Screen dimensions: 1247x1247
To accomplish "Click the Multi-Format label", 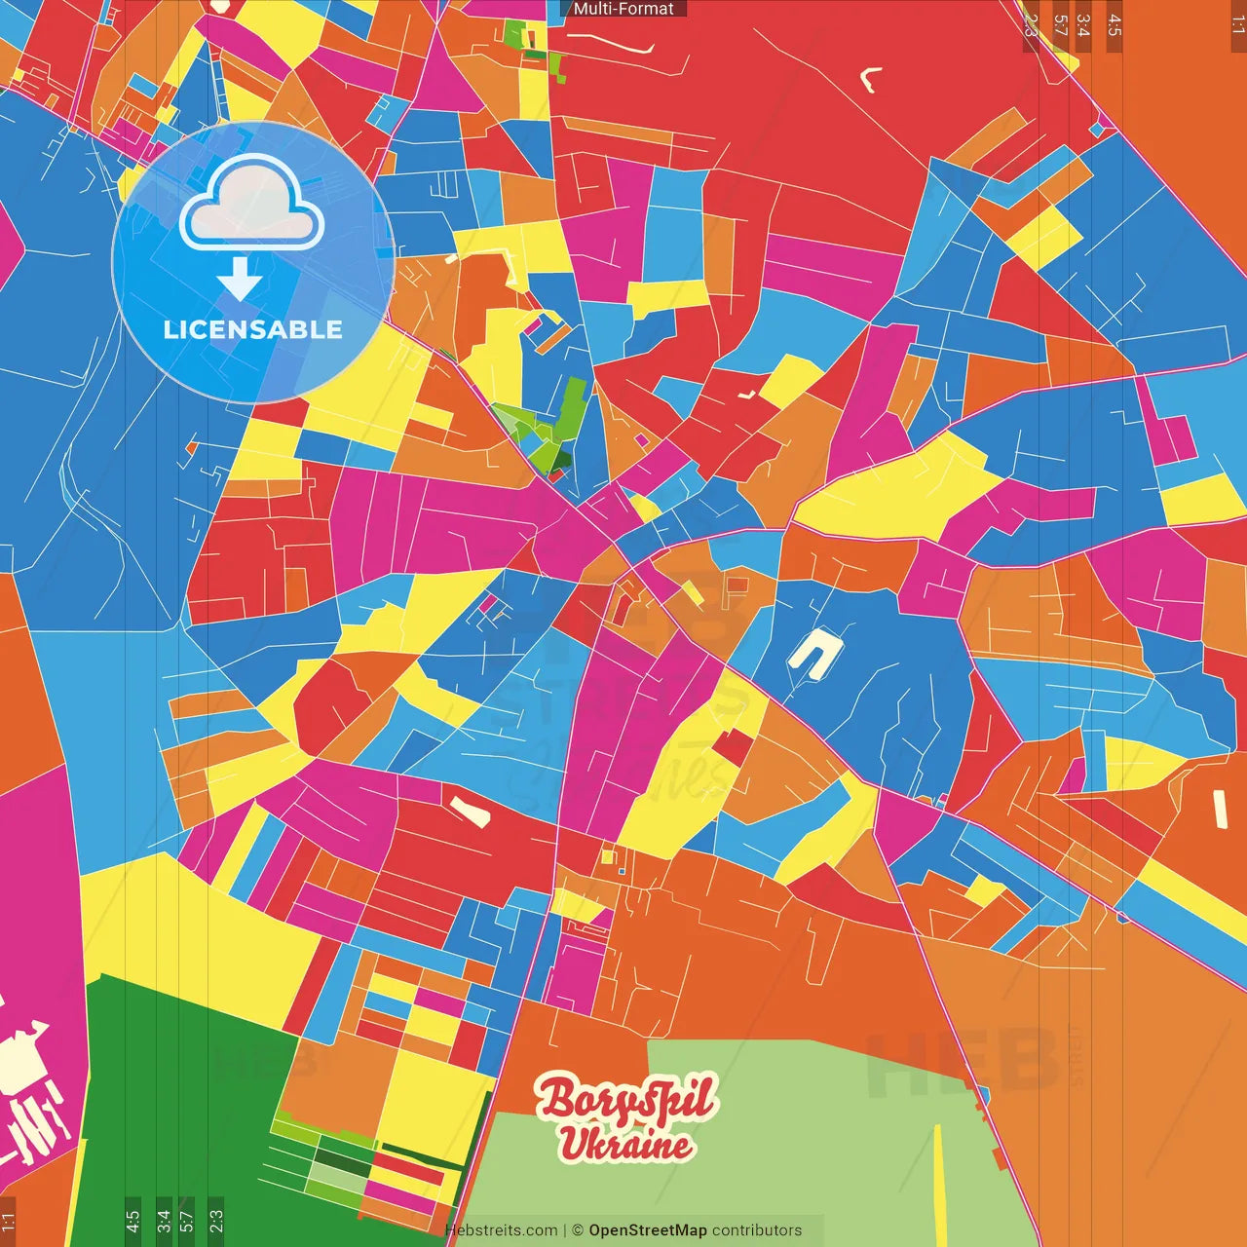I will pyautogui.click(x=623, y=9).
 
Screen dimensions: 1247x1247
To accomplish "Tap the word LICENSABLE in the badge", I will pyautogui.click(x=252, y=329).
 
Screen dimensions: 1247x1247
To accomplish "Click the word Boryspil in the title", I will pyautogui.click(x=626, y=1098).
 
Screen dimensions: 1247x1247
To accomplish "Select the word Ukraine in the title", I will pyautogui.click(x=626, y=1144).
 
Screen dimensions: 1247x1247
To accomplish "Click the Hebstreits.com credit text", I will pyautogui.click(x=502, y=1230).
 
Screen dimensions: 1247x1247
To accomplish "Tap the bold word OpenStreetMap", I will pyautogui.click(x=647, y=1230).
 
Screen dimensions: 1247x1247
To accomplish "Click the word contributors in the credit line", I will pyautogui.click(x=757, y=1230).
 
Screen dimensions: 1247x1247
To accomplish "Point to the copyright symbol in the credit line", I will pyautogui.click(x=577, y=1230).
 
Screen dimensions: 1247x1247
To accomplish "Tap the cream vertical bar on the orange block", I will pyautogui.click(x=1220, y=810).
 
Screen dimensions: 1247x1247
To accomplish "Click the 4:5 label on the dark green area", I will pyautogui.click(x=132, y=1221).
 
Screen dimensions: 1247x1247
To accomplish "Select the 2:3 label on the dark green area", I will pyautogui.click(x=216, y=1221).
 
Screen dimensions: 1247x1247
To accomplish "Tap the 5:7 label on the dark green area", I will pyautogui.click(x=186, y=1221).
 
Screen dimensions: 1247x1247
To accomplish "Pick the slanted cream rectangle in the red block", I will pyautogui.click(x=470, y=811).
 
